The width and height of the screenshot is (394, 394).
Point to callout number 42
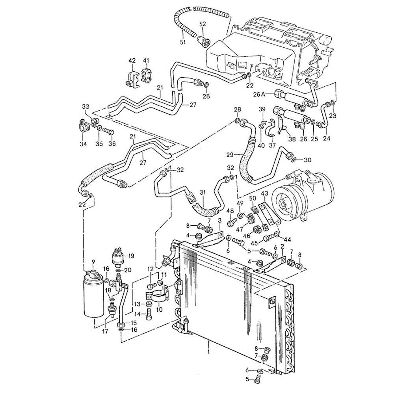coord(132,60)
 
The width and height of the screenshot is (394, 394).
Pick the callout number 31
coord(203,193)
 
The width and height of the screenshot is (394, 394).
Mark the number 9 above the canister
coord(93,262)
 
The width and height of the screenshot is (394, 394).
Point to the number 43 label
coord(264,194)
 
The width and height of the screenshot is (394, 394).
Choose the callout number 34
coord(83,144)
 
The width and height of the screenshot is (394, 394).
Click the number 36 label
coord(113,144)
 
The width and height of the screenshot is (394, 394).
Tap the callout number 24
coord(327,138)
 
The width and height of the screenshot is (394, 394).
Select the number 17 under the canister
coord(105,331)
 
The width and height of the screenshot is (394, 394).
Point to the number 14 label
coord(137,314)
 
